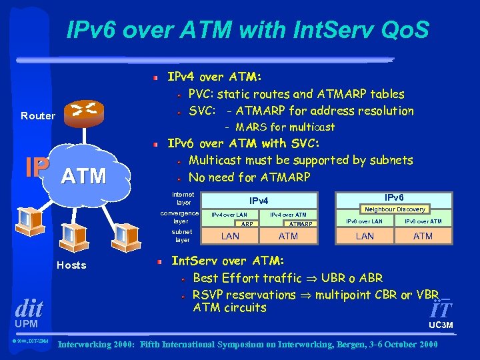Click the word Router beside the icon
coord(38,116)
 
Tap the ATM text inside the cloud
coord(83,177)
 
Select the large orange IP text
coord(37,169)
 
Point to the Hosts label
coord(71,265)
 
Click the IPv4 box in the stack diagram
coord(259,200)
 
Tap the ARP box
coord(247,224)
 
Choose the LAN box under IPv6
coord(365,236)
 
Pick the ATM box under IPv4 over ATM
coord(288,236)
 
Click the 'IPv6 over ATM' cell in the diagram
coord(423,221)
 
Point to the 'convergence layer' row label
coord(181,217)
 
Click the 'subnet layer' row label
coord(182,235)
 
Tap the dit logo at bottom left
coord(28,309)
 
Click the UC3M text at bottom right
coord(441,325)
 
